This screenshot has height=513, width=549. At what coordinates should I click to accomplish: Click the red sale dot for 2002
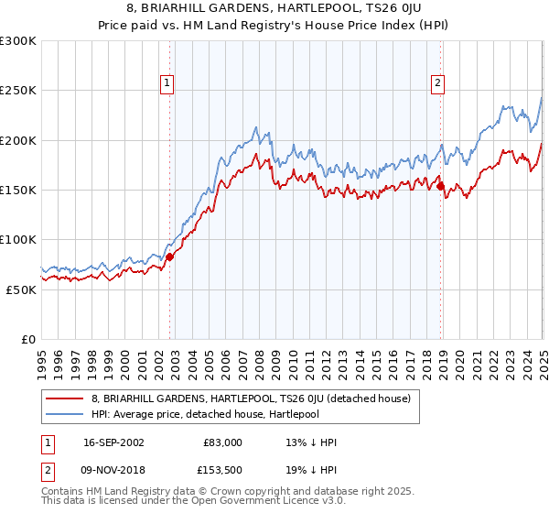(170, 256)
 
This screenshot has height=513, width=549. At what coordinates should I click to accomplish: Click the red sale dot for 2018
(441, 187)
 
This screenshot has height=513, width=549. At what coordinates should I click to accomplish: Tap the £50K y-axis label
(21, 289)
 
